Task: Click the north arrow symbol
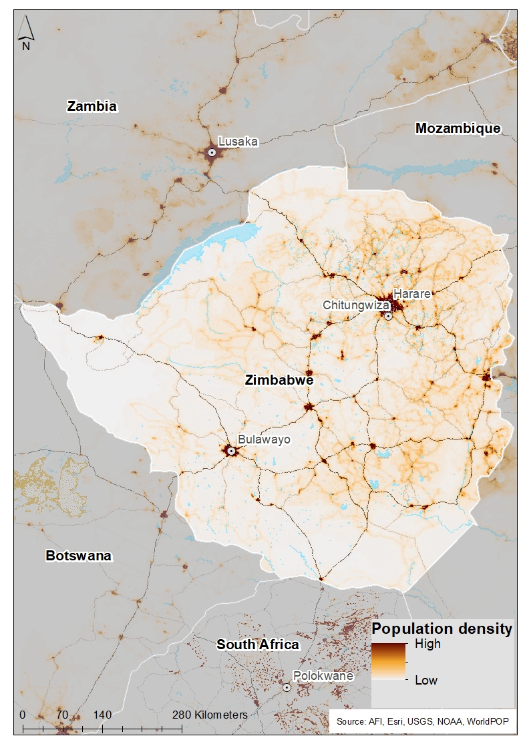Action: pos(26,33)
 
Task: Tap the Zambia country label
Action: pos(92,106)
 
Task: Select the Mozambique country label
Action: pos(458,128)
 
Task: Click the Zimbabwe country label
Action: pos(279,380)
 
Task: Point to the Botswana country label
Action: pos(78,556)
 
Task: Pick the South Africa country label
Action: pos(258,644)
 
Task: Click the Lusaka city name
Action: pos(238,142)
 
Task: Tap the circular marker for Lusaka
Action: pos(212,152)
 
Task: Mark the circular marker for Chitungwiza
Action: pos(388,316)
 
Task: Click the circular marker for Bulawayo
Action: pos(231,451)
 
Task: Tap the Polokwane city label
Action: pos(323,676)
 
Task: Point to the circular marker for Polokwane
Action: pos(287,687)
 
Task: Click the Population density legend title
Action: pos(442,628)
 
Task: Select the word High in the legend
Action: pos(427,644)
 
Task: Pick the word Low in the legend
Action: pos(425,680)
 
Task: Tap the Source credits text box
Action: pos(423,721)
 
